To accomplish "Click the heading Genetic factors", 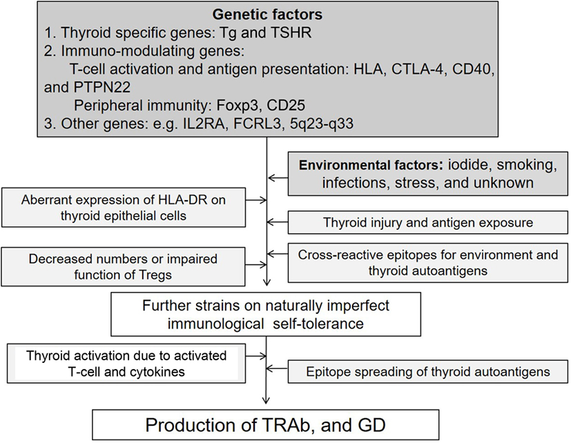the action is [x=267, y=14].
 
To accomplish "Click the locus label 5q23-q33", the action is [x=322, y=124].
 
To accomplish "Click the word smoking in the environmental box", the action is [x=527, y=165].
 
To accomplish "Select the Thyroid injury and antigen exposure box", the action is [x=428, y=222].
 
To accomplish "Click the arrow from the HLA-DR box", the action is [x=256, y=200].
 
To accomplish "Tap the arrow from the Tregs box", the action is [x=256, y=265].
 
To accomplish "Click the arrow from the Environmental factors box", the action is [x=278, y=178].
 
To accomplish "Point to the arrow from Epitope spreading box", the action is [x=278, y=368].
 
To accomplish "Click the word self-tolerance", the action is [x=318, y=323].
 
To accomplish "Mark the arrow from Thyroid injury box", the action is [x=278, y=222].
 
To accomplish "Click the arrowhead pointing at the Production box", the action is [x=267, y=400].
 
